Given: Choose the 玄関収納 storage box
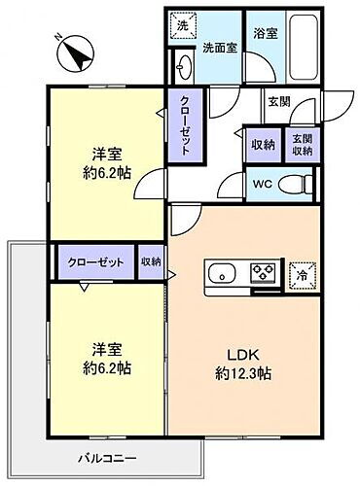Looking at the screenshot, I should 301,145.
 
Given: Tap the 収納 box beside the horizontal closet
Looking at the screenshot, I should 151,261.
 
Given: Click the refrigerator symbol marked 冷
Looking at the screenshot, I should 302,273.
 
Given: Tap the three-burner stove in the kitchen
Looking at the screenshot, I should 263,273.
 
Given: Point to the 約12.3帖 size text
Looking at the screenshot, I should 242,371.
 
